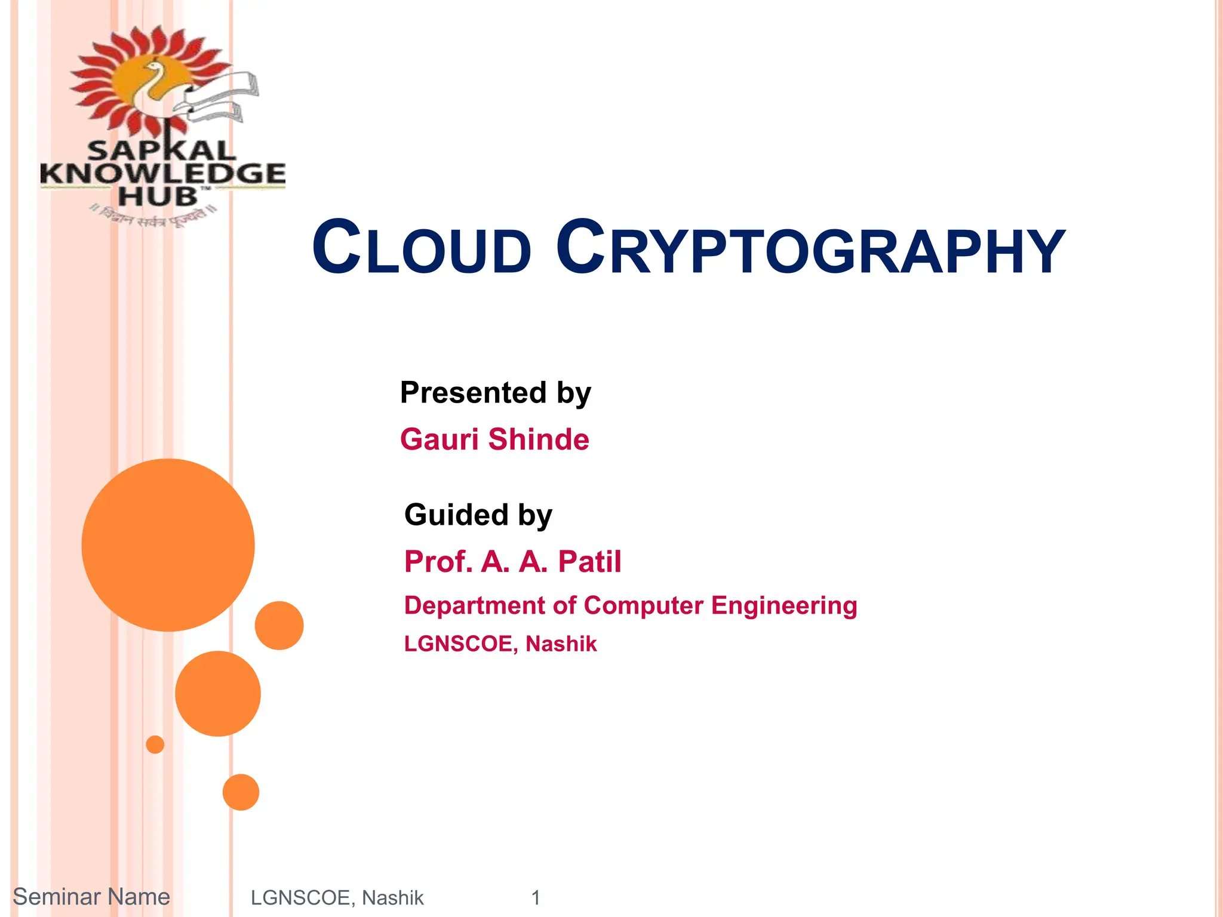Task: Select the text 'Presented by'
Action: (x=495, y=393)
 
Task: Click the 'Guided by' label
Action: (x=478, y=515)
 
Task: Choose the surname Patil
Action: (x=589, y=562)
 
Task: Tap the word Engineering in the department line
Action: (x=783, y=606)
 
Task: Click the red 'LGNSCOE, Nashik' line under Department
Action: (x=500, y=644)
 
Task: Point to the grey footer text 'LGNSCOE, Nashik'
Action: (x=337, y=898)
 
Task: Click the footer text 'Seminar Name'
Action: (x=91, y=897)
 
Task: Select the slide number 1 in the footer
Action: (x=536, y=898)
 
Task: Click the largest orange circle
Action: (x=168, y=544)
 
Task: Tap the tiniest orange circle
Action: (x=155, y=744)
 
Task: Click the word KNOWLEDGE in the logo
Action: (x=162, y=174)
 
